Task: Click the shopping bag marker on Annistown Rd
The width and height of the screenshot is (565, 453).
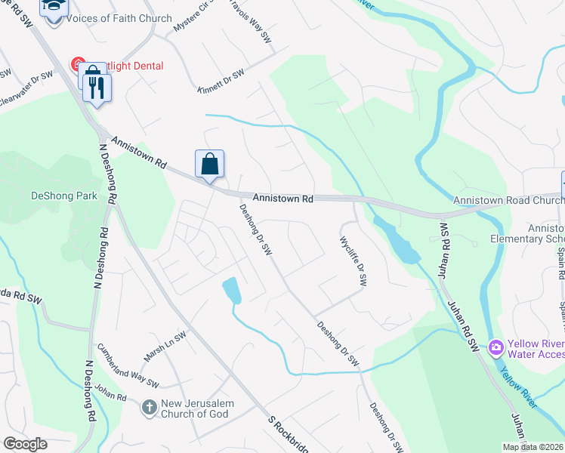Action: coord(210,164)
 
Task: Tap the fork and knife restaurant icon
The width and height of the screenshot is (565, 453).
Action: coord(96,88)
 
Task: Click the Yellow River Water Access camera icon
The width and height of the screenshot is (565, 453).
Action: coord(496,348)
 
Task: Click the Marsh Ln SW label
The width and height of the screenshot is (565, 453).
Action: coord(165,346)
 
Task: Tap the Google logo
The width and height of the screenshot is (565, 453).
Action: coord(26,444)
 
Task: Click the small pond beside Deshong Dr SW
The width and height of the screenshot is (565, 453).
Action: coord(232,290)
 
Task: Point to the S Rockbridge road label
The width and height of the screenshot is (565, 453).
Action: coord(288,436)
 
